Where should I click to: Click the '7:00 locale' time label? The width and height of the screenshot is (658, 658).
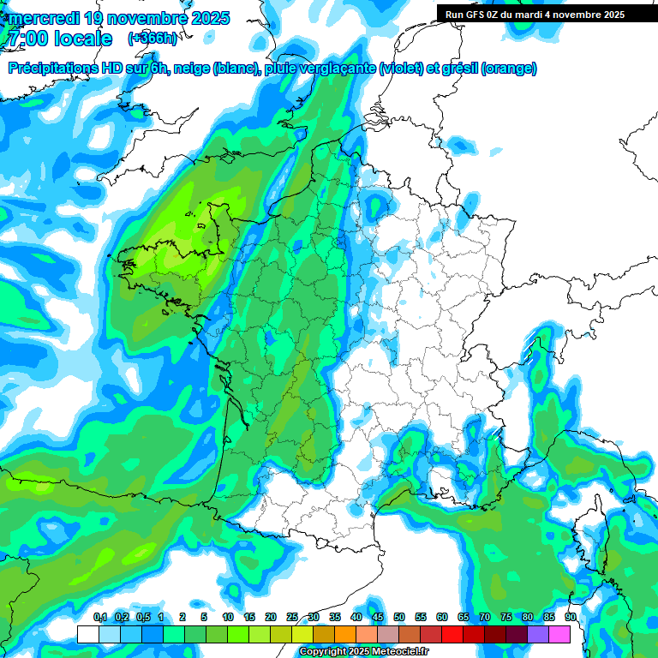coord(60,39)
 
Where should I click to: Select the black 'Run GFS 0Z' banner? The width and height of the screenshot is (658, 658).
coord(547,15)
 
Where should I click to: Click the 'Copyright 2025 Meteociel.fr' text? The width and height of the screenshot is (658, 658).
coord(363,652)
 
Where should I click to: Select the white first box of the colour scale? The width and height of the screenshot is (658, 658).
coord(87,634)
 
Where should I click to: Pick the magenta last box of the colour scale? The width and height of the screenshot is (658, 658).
coord(559,634)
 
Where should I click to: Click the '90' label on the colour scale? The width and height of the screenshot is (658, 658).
coord(571,617)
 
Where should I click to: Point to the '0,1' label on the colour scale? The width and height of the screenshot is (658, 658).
coord(99,617)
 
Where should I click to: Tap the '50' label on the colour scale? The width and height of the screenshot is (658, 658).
coord(399,617)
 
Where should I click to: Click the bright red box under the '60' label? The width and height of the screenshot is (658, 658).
coord(452,634)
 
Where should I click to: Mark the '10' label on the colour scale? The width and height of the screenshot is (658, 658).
coord(228,617)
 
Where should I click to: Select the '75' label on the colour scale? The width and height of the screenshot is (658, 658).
coord(506,617)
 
